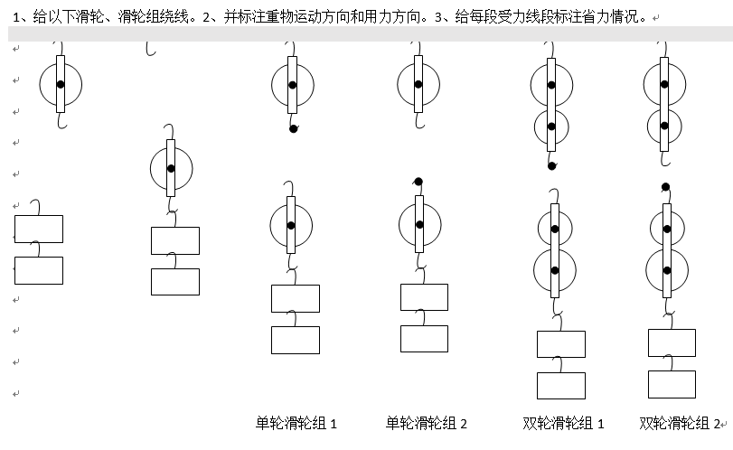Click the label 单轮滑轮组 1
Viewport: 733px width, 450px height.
(x=296, y=423)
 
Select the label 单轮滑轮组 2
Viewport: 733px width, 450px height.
(x=427, y=423)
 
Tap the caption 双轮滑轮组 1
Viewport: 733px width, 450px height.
(x=564, y=423)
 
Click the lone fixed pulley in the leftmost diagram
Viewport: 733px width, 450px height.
(x=61, y=84)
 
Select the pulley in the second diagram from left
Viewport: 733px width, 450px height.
(x=171, y=168)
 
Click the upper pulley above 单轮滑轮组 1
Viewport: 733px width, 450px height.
(x=293, y=86)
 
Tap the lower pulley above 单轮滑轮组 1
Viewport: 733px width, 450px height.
(x=291, y=225)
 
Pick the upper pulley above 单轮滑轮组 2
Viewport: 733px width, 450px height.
(x=418, y=84)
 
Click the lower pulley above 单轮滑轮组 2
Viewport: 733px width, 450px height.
(x=419, y=225)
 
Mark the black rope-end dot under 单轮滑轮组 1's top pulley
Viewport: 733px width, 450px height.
(x=293, y=128)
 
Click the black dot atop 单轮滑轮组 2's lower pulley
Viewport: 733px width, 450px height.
(x=418, y=182)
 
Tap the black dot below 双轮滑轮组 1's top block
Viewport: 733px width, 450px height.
(x=551, y=165)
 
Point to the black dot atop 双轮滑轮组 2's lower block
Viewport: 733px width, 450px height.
(x=665, y=187)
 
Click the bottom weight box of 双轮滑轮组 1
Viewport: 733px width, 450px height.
(x=561, y=385)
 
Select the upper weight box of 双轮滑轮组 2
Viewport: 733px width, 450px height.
(x=672, y=342)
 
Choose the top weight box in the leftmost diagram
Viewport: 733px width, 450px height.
(x=39, y=229)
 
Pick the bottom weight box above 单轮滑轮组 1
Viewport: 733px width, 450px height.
(x=296, y=340)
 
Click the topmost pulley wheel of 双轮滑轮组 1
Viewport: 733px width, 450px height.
(x=551, y=86)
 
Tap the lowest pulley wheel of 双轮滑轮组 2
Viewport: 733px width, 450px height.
(x=666, y=270)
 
